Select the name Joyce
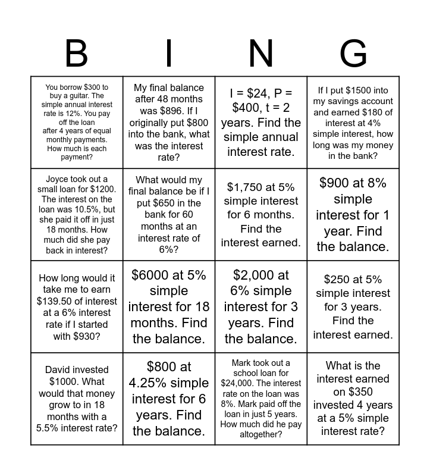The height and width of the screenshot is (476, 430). pos(60,179)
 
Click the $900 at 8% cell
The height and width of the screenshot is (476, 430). pos(353,214)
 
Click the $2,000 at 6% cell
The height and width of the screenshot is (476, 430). pos(261,306)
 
